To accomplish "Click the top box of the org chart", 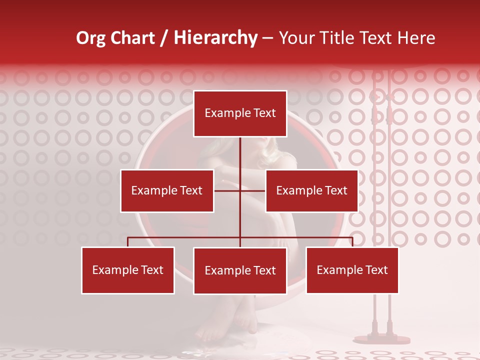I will pos(240,113).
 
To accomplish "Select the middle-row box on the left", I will pos(167,190).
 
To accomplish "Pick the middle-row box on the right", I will pos(311,190).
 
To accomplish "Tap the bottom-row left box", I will pos(128,270).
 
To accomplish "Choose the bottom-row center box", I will pos(240,270).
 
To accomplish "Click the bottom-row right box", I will pos(352,270).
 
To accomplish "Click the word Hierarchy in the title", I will pos(215,38).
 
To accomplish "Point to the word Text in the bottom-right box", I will pos(376,270).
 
